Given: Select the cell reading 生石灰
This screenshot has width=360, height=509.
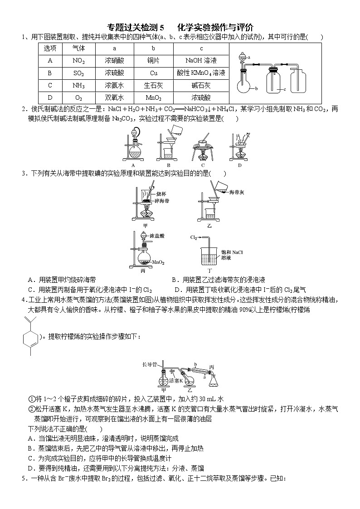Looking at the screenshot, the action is click(153, 85).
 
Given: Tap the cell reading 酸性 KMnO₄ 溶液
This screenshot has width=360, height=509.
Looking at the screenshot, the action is click(201, 73).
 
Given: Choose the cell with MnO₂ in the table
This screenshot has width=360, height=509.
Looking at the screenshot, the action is click(153, 97).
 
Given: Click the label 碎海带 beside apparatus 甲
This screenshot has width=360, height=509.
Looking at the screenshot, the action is click(162, 200).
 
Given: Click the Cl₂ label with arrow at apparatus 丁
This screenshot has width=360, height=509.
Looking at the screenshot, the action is click(194, 237).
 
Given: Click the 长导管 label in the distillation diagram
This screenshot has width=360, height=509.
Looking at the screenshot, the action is click(149, 364).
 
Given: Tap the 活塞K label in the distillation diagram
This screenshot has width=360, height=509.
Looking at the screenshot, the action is click(177, 380).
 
